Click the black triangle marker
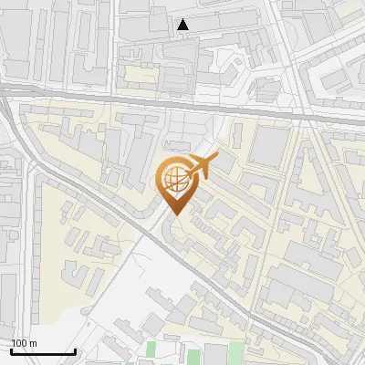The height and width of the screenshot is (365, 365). pyautogui.click(x=184, y=25)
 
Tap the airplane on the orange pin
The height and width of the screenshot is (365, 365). pyautogui.click(x=200, y=167)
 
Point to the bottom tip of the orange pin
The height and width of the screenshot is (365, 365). pyautogui.click(x=174, y=214)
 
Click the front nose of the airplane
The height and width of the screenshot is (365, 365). pyautogui.click(x=215, y=159)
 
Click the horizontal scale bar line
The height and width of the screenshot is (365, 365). pyautogui.click(x=43, y=351)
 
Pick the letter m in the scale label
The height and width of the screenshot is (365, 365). pyautogui.click(x=34, y=343)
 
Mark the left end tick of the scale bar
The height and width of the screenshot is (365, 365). pyautogui.click(x=12, y=349)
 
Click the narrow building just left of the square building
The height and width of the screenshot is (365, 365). pyautogui.click(x=237, y=137)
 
